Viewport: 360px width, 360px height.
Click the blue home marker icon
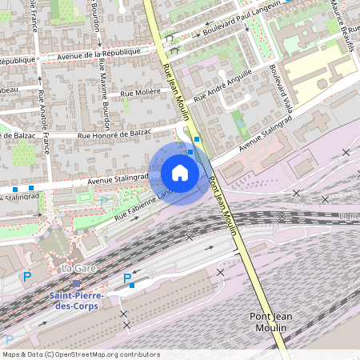click(180, 173)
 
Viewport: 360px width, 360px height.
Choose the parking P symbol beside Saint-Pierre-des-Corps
click(127, 278)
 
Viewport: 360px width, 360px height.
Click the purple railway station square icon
click(76, 284)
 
